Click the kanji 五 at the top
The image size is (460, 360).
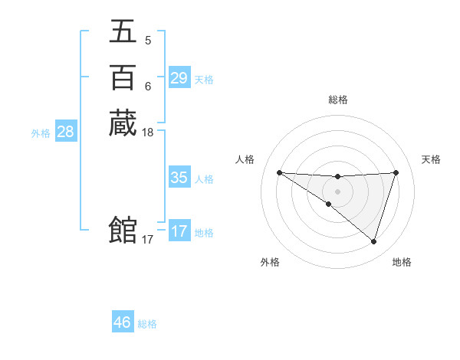pyautogui.click(x=123, y=31)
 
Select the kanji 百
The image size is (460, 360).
pyautogui.click(x=123, y=77)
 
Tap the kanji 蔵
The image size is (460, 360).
pyautogui.click(x=123, y=123)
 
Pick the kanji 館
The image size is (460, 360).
pyautogui.click(x=123, y=231)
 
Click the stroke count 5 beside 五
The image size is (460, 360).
pyautogui.click(x=147, y=41)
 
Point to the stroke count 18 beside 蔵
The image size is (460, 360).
pyautogui.click(x=148, y=133)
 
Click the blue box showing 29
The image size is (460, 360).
pyautogui.click(x=179, y=78)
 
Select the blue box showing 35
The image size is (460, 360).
pyautogui.click(x=179, y=178)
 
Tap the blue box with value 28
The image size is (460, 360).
pyautogui.click(x=65, y=132)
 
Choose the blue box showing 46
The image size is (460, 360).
pyautogui.click(x=122, y=322)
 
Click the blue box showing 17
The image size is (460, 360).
pyautogui.click(x=179, y=231)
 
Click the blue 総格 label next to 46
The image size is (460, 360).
pyautogui.click(x=147, y=324)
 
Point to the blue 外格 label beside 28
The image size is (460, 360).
pyautogui.click(x=41, y=133)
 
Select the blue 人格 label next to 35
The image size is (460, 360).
pyautogui.click(x=204, y=179)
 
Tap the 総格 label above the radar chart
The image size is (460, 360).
pyautogui.click(x=337, y=100)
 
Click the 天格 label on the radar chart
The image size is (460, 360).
pyautogui.click(x=431, y=159)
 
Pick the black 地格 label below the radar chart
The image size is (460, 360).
pyautogui.click(x=402, y=262)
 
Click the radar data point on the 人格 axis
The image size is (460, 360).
pyautogui.click(x=279, y=172)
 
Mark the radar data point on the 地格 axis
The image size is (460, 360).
pyautogui.click(x=373, y=241)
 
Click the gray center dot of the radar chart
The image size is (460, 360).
pyautogui.click(x=337, y=191)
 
